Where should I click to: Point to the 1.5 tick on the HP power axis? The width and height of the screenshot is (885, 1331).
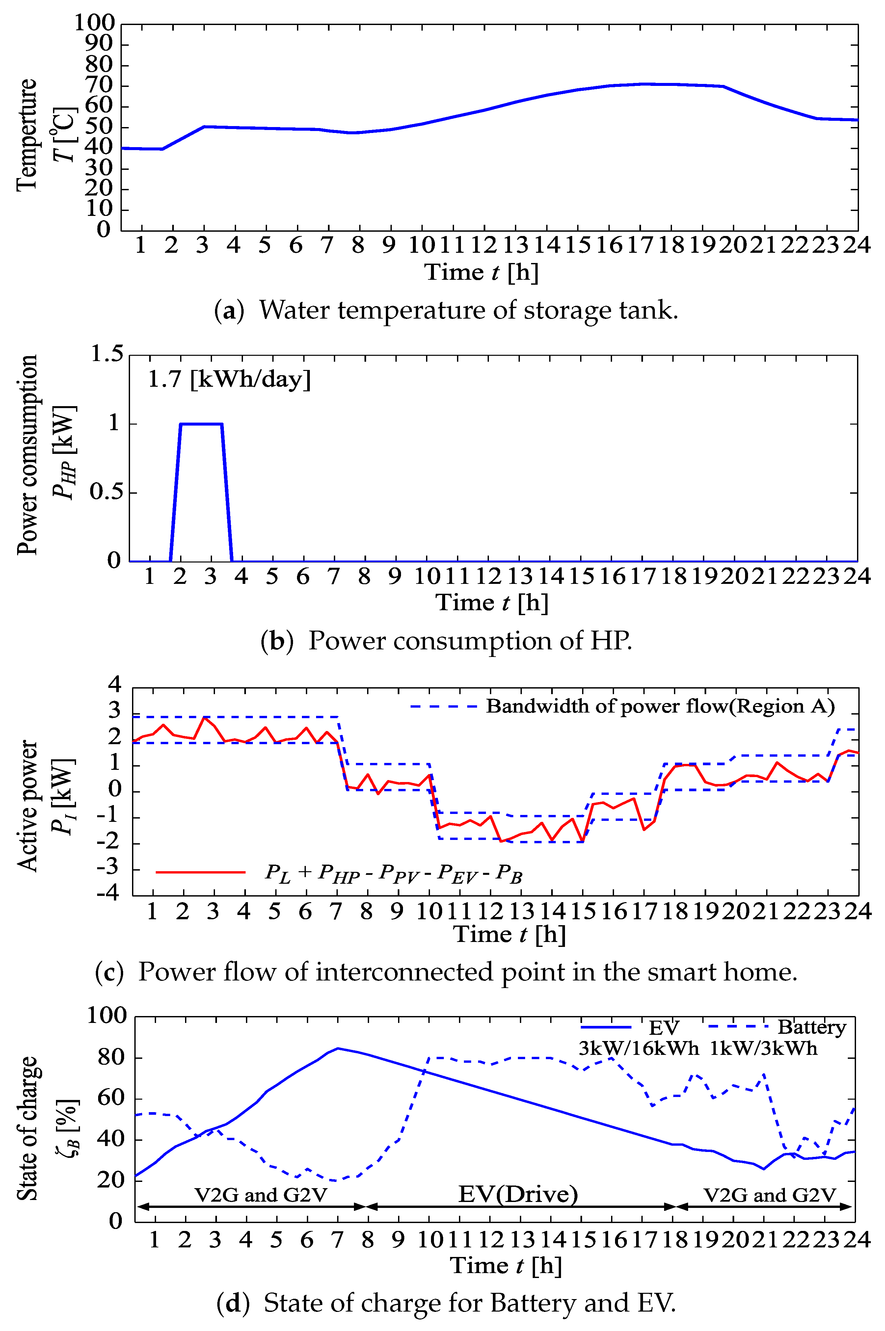(107, 354)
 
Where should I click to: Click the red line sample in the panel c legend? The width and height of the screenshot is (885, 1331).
(201, 872)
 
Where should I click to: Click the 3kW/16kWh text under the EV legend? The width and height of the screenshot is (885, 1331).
(638, 1048)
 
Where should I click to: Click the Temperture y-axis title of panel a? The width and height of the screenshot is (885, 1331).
(27, 135)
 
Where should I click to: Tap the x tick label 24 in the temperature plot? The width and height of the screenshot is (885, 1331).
(857, 246)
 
